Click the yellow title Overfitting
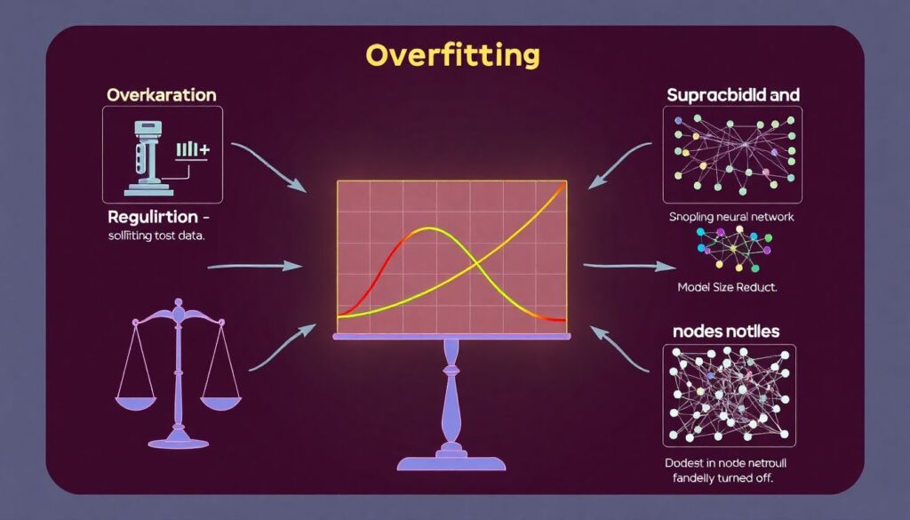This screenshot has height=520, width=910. coord(451,55)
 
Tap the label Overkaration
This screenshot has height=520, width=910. coord(161,94)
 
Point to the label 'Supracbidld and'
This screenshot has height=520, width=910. coord(732,94)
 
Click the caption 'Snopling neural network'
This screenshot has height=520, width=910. coord(732,217)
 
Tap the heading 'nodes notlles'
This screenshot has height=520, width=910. coord(727,331)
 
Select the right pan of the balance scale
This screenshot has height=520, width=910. coord(220,401)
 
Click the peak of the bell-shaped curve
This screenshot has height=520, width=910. coord(429,228)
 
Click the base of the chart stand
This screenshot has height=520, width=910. coord(451,462)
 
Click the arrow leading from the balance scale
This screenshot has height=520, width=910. coord(282,347)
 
